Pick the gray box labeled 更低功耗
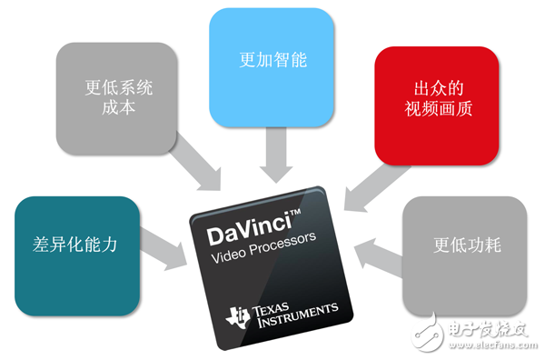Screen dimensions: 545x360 click(x=463, y=246)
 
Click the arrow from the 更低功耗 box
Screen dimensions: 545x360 click(x=376, y=250)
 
